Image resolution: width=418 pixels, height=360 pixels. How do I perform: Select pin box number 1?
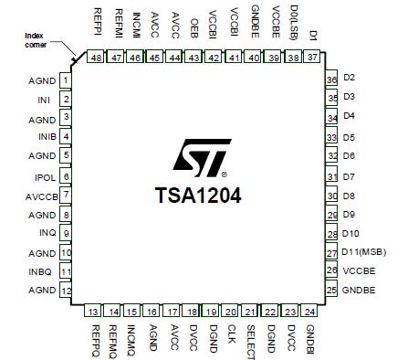pos(66,80)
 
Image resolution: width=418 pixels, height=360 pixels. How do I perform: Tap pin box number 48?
pos(96,58)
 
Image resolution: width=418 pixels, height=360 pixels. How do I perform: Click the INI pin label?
pos(44,99)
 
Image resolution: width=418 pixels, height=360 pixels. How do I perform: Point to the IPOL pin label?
pos(46,175)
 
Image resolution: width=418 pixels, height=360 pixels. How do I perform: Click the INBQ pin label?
pos(43,270)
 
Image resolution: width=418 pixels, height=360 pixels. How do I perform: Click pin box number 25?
pos(331,290)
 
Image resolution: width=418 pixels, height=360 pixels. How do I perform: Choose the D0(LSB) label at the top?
pos(294,20)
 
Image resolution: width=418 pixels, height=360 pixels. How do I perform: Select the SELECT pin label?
pos(251,341)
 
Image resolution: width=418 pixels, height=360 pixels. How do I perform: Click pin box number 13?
pos(95,312)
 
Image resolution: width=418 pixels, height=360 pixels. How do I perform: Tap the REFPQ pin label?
pos(95,339)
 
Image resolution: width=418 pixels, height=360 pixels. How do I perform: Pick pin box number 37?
pos(312,58)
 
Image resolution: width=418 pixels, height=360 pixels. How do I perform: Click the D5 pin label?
pos(349,137)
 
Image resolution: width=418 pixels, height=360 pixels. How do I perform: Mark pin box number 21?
pos(250,312)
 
